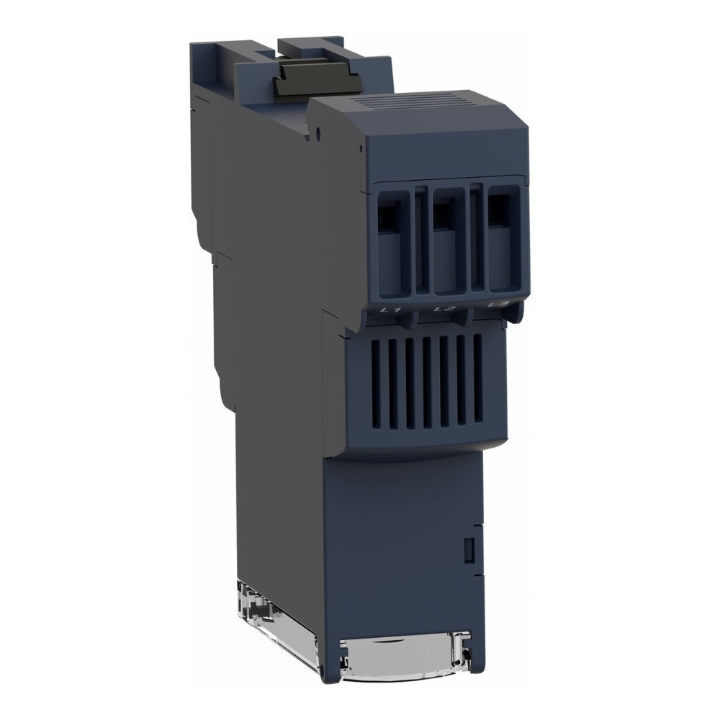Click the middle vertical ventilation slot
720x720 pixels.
427,382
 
